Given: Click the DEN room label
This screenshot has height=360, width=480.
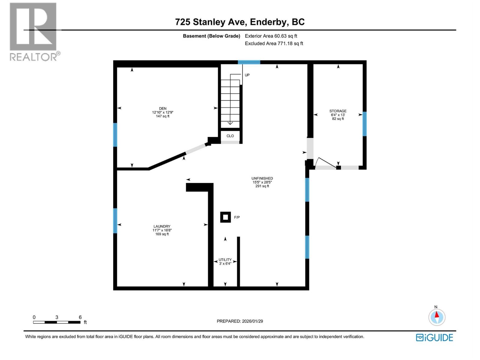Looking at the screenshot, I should (163, 109).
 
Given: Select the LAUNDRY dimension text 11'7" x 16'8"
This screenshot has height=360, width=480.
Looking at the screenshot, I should (162, 230).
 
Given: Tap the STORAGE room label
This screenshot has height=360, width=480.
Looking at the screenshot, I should (338, 111).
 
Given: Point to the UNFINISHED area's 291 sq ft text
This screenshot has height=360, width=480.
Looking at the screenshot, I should (262, 186).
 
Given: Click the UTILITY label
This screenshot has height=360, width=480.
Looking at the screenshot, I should (225, 260).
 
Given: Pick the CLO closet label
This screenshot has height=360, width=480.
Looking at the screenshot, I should (230, 136).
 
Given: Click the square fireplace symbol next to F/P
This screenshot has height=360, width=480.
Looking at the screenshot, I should (225, 217).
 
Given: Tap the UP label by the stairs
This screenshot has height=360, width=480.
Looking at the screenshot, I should (247, 75).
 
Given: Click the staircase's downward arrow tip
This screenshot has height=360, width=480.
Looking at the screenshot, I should (230, 123).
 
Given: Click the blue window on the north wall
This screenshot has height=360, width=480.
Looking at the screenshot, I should (249, 62).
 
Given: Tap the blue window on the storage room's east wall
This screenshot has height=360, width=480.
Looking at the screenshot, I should (364, 124).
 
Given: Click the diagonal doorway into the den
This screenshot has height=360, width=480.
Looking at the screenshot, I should (196, 149).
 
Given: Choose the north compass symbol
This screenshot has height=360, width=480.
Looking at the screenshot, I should (437, 317).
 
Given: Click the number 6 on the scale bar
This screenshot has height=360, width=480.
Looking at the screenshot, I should (80, 317).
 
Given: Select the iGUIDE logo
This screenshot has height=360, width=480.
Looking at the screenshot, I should (434, 337).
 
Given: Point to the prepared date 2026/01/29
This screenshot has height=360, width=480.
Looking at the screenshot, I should (252, 321).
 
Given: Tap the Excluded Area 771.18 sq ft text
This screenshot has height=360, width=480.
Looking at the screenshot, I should (274, 43).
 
